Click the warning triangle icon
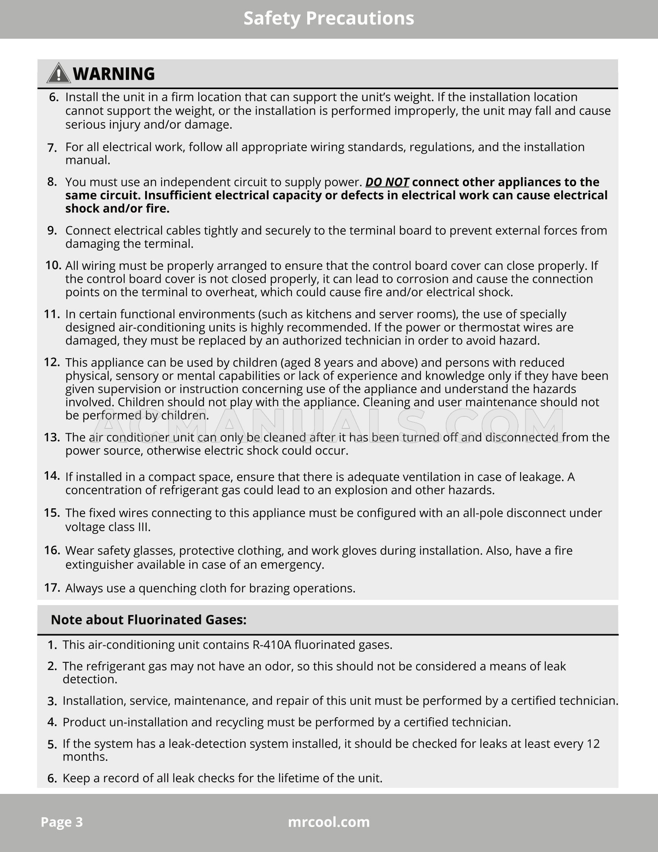coord(58,73)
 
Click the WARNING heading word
coord(114,74)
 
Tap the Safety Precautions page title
coord(329,19)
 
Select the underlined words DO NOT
coord(387,182)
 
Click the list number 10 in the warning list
coord(53,265)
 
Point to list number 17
coord(52,588)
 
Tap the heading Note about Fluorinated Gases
coord(148,620)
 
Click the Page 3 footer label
coord(62,822)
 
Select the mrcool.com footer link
coord(329,822)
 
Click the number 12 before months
coord(593,743)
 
